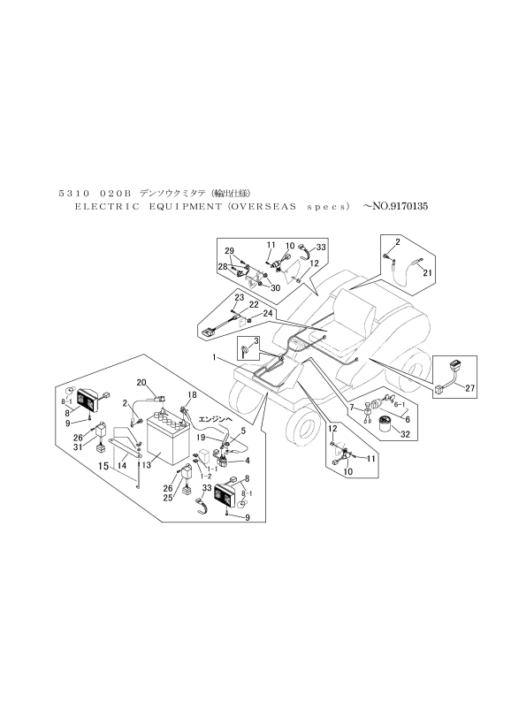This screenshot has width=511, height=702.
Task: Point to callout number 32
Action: [406, 435]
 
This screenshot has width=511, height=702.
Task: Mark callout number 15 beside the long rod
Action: [103, 465]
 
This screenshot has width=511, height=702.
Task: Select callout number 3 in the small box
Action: [255, 340]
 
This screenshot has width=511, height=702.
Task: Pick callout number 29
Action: [228, 250]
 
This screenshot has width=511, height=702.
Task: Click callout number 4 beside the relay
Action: [247, 460]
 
